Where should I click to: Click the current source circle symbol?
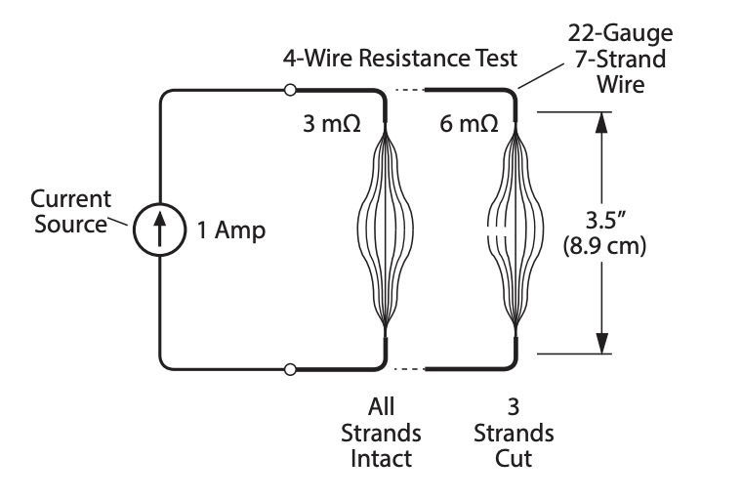pyautogui.click(x=159, y=230)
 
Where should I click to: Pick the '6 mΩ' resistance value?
pyautogui.click(x=470, y=125)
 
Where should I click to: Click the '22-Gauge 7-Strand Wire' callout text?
pyautogui.click(x=620, y=59)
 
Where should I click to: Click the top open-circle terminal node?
pyautogui.click(x=289, y=91)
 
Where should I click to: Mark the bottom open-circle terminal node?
pyautogui.click(x=289, y=369)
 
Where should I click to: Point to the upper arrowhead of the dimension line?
pyautogui.click(x=602, y=121)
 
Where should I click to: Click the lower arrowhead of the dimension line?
pyautogui.click(x=602, y=341)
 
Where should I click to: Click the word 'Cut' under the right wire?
pyautogui.click(x=515, y=457)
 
